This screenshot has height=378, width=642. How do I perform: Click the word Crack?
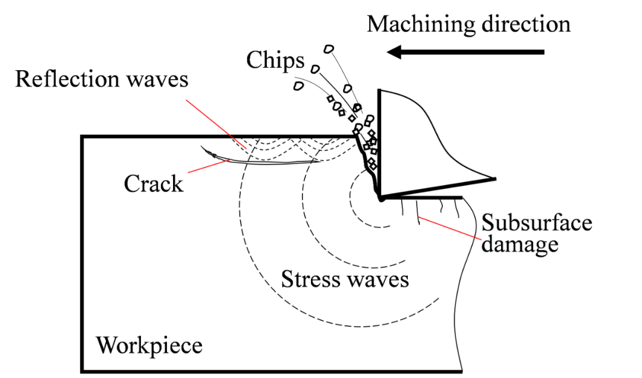point(153,184)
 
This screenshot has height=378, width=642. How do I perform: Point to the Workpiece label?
point(149,345)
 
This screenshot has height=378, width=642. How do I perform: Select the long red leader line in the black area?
point(217,124)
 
